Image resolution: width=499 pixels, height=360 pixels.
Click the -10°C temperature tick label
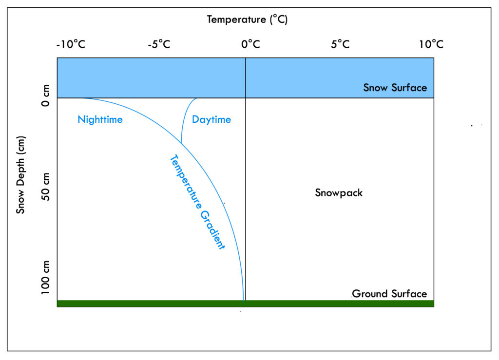(x=71, y=44)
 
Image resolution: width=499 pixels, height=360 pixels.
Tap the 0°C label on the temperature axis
(x=250, y=44)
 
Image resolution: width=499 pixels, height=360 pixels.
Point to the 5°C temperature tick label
(x=340, y=44)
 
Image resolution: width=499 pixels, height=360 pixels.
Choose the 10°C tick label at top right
(x=431, y=44)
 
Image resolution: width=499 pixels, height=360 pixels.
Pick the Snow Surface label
(x=395, y=88)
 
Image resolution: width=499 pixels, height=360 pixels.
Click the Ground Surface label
(x=389, y=294)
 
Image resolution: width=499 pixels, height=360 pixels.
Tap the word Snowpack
(x=339, y=193)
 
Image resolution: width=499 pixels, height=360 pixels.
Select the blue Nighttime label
(x=100, y=119)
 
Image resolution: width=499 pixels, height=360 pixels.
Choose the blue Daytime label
(x=211, y=119)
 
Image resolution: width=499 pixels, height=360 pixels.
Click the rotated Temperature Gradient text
(x=197, y=202)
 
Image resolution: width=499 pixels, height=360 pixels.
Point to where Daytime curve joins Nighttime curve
(x=181, y=143)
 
